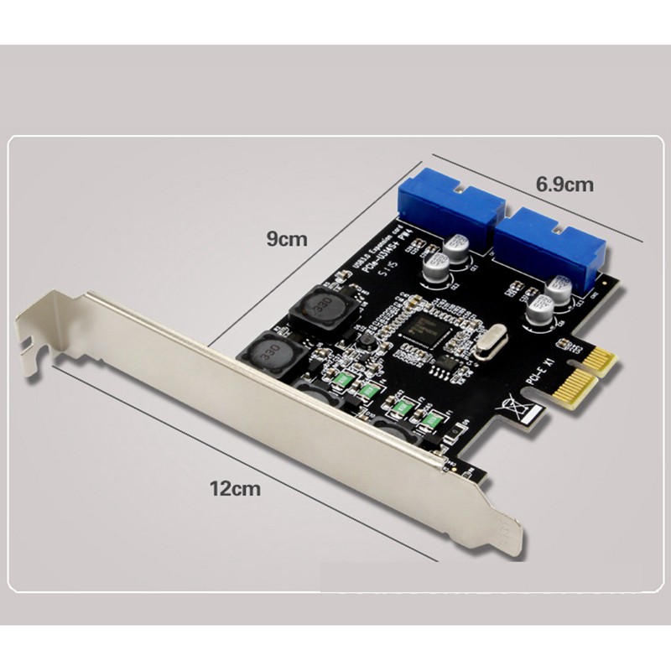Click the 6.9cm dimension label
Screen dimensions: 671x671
[x=564, y=185]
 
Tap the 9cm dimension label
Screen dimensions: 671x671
[x=287, y=239]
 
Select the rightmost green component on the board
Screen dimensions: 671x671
[x=433, y=419]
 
